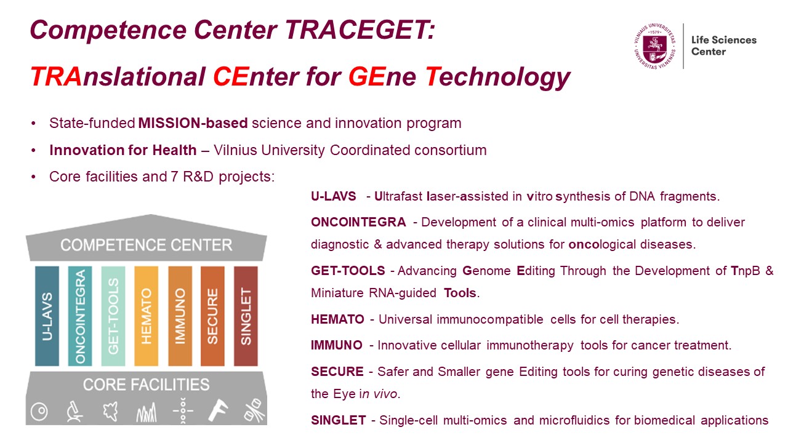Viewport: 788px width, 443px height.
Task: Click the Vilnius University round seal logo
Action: (654, 46)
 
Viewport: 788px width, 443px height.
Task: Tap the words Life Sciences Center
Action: (723, 46)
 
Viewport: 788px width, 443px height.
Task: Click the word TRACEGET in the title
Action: (360, 30)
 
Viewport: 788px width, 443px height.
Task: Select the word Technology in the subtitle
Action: (498, 78)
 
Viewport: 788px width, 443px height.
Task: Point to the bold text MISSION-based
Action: (193, 123)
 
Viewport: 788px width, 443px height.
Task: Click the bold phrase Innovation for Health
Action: (123, 150)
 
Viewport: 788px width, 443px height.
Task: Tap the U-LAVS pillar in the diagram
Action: (47, 316)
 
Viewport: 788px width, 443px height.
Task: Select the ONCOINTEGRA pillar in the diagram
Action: (80, 316)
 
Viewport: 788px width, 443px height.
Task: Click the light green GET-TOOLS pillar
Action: (113, 316)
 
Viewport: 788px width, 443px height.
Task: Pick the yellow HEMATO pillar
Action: (146, 316)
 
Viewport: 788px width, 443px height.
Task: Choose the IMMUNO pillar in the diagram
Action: (180, 316)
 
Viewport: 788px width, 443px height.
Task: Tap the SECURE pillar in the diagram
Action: (212, 316)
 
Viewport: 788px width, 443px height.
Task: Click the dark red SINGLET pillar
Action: (246, 316)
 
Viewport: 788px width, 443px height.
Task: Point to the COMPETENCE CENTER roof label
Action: (147, 245)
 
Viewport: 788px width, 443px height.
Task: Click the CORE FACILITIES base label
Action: (147, 385)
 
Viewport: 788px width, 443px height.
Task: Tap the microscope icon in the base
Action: (74, 411)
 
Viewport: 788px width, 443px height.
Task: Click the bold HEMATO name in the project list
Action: (337, 319)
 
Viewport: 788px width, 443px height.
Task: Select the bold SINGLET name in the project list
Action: (339, 420)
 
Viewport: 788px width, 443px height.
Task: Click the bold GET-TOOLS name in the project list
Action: (348, 271)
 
